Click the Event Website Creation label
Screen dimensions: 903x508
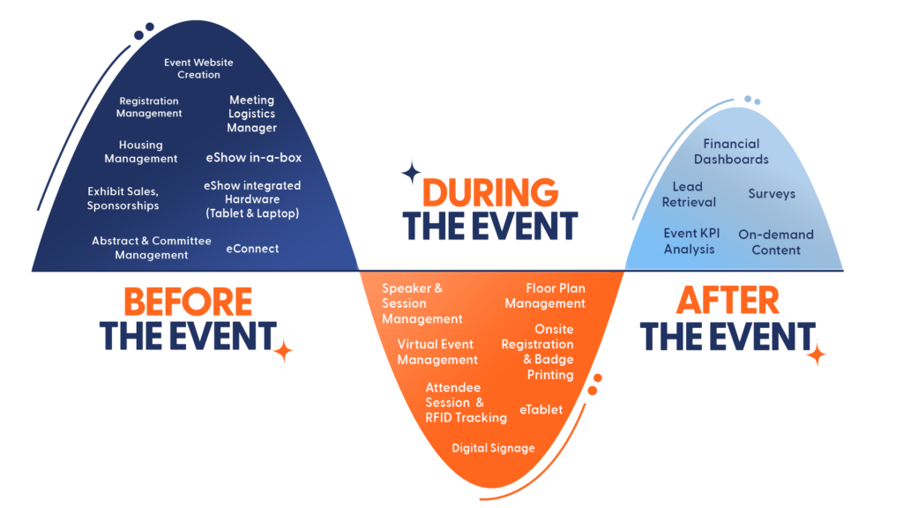pyautogui.click(x=198, y=69)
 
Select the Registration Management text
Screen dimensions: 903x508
pyautogui.click(x=149, y=107)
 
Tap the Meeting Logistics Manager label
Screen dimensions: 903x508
pyautogui.click(x=251, y=114)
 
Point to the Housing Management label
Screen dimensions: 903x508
pyautogui.click(x=141, y=152)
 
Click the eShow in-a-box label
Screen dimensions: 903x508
pyautogui.click(x=254, y=157)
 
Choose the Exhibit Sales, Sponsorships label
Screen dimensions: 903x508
pyautogui.click(x=123, y=198)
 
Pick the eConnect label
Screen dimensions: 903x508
pyautogui.click(x=252, y=248)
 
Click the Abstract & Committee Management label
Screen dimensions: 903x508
pyautogui.click(x=152, y=248)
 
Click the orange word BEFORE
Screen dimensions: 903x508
pyautogui.click(x=189, y=302)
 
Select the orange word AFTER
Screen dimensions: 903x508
pyautogui.click(x=728, y=300)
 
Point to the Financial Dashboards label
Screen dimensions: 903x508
pyautogui.click(x=731, y=152)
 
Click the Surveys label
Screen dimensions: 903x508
pyautogui.click(x=772, y=193)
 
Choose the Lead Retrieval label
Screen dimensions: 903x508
pyautogui.click(x=689, y=194)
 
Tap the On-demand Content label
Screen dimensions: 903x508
pyautogui.click(x=776, y=242)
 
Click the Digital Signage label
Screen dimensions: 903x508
pyautogui.click(x=493, y=448)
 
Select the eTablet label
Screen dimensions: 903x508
pyautogui.click(x=541, y=409)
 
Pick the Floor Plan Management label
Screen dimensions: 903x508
pyautogui.click(x=545, y=295)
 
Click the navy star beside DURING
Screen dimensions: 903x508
pyautogui.click(x=411, y=172)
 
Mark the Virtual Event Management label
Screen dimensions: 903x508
pyautogui.click(x=437, y=352)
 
